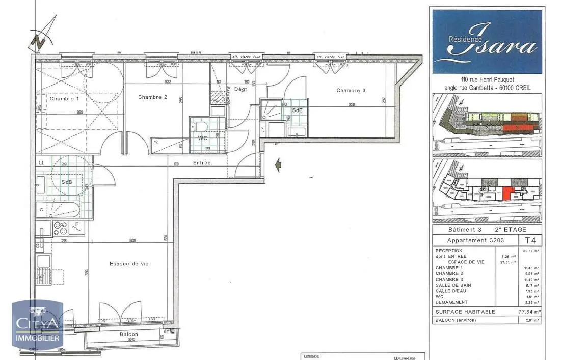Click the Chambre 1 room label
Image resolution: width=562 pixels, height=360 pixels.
click(64, 99)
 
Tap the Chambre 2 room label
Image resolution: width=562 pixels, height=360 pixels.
click(152, 97)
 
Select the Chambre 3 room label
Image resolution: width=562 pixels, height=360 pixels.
click(351, 91)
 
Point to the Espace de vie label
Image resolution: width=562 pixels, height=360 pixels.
click(129, 264)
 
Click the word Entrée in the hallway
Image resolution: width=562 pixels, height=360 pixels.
click(202, 163)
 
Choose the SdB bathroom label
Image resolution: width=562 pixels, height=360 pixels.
click(67, 182)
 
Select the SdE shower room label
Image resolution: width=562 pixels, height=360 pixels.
click(297, 110)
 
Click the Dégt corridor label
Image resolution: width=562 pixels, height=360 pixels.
click(240, 90)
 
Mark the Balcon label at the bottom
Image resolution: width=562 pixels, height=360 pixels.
click(128, 334)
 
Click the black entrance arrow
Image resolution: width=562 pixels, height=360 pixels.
click(278, 165)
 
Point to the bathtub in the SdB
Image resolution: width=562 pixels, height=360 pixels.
click(65, 210)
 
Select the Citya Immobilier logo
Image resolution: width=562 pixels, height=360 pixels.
click(38, 325)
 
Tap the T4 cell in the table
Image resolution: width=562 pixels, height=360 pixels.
click(529, 240)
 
